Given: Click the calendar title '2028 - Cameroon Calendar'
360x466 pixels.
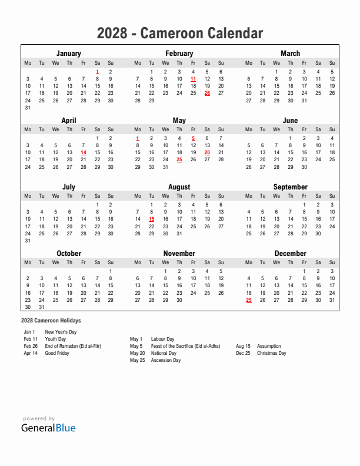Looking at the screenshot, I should pos(179,34).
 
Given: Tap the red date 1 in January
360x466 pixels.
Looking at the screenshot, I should pos(97,72).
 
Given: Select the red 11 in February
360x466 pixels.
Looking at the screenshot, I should pos(193,79).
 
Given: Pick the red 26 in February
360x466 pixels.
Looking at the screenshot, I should pos(207,93).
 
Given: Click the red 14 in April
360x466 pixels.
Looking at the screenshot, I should pos(83,152).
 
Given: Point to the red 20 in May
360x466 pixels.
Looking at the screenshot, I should pos(207,152).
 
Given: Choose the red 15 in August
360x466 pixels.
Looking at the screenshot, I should pos(151,219).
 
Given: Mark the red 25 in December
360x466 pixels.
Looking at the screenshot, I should pos(249,300).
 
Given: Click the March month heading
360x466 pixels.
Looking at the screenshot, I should pos(290,54).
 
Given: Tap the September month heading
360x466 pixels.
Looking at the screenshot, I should pos(290,187).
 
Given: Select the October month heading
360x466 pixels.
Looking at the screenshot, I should pos(69,254).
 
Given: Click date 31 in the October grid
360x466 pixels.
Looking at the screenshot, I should pos(41,307).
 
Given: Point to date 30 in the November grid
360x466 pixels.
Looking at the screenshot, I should pos(179,300).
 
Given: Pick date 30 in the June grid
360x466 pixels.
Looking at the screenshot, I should pos(304,167).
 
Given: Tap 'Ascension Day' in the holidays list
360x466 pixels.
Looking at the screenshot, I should pos(165,361).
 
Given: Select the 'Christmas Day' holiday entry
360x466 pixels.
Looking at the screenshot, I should pos(271,354).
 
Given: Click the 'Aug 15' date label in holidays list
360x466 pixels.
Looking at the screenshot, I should pos(243,347).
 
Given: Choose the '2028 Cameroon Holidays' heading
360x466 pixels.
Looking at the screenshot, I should pos(51,321).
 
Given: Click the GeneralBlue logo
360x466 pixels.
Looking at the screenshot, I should pos(48,428).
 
